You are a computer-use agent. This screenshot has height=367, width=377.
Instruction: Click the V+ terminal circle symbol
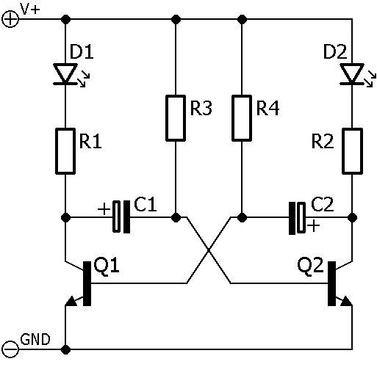tap(10, 19)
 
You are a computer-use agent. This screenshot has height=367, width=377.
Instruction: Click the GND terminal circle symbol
tap(10, 349)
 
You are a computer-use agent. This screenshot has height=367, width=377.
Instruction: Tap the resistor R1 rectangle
tap(65, 151)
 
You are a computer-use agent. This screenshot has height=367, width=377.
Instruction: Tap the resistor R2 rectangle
tap(352, 151)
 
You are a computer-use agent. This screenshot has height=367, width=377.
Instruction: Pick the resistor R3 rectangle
tap(176, 118)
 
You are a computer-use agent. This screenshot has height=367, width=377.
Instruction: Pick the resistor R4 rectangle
tap(242, 118)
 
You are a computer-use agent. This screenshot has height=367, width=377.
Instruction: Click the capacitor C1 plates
tap(121, 217)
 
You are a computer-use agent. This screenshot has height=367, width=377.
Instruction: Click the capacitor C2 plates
tap(297, 218)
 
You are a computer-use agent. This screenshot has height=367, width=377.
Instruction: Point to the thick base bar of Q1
tap(87, 283)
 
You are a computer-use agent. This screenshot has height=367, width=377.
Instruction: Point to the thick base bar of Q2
tap(331, 283)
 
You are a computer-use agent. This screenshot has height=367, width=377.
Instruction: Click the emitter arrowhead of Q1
tap(71, 301)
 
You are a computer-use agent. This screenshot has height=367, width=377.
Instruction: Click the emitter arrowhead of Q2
tap(347, 301)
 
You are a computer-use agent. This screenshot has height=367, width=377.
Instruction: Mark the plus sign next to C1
tap(104, 209)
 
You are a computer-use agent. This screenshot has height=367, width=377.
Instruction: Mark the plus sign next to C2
tap(314, 225)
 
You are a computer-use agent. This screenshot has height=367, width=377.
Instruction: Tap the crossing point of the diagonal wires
tap(209, 250)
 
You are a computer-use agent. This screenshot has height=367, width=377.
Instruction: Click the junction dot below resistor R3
tap(176, 217)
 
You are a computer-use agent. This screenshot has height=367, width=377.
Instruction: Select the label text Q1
tap(107, 266)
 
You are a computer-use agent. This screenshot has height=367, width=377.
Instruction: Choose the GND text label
tap(35, 339)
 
